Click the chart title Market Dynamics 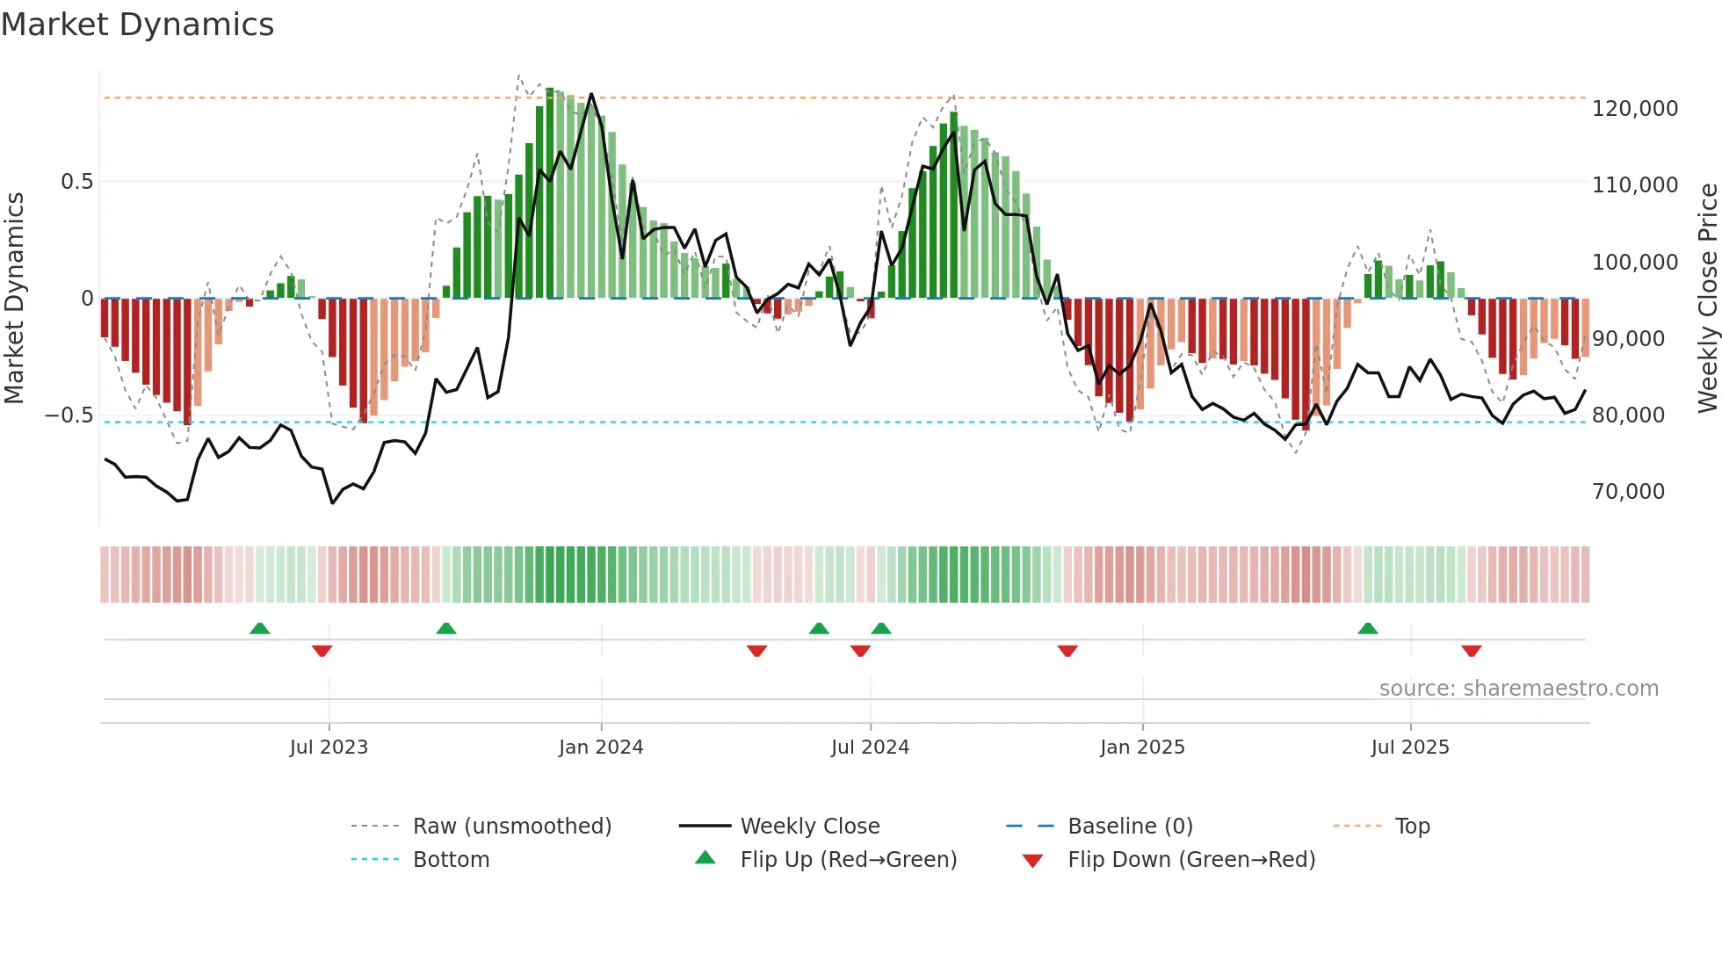[x=137, y=25]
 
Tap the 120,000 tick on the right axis [x=1634, y=109]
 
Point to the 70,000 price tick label [x=1628, y=492]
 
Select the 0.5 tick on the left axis [x=76, y=182]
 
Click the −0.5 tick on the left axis [x=69, y=415]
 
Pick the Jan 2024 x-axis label [x=601, y=748]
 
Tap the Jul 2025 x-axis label [x=1409, y=748]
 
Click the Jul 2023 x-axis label [x=329, y=748]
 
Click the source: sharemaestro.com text [x=1518, y=689]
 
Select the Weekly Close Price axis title [x=1707, y=299]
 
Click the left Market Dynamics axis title [x=14, y=299]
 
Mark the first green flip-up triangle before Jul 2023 [x=259, y=628]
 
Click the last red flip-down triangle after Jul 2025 [x=1472, y=651]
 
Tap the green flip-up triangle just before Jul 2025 [x=1368, y=628]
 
